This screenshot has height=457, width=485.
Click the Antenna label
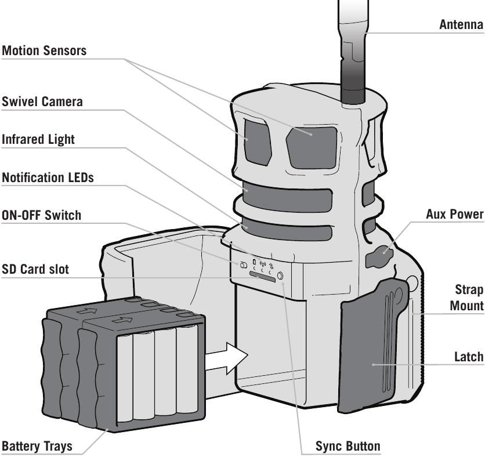point(461,24)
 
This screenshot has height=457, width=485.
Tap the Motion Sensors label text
point(44,50)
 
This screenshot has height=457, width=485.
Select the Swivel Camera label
point(42,101)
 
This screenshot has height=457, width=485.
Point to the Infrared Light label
point(38,139)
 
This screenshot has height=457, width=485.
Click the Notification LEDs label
point(48,178)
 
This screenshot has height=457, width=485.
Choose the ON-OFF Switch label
point(41,215)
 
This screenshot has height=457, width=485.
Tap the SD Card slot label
point(35,269)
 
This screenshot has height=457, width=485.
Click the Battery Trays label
point(37,446)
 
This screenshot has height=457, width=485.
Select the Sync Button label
point(348,446)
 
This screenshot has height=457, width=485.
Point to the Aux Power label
point(455,214)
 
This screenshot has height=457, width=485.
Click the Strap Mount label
point(467,298)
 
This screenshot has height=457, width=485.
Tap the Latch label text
point(469,357)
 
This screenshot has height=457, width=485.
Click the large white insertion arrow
point(227,358)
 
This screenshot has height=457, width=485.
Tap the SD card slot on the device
point(262,276)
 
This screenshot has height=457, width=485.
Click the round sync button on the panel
point(281,275)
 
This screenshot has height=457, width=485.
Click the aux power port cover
point(379,256)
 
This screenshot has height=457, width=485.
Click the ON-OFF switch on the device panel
point(244,265)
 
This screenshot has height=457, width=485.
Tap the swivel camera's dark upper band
point(287,197)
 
